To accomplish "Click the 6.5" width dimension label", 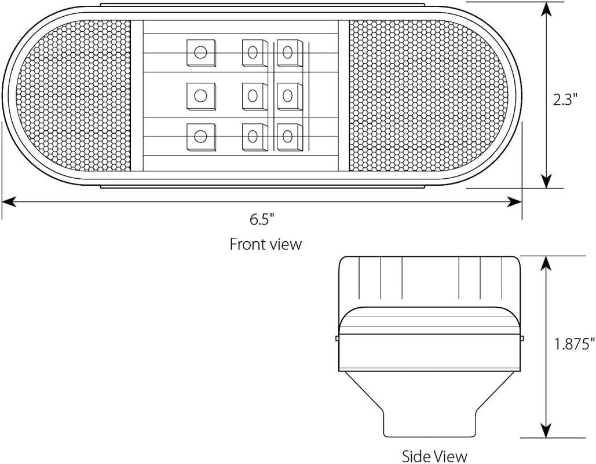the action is click(x=262, y=219).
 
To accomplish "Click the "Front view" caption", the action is click(x=266, y=244).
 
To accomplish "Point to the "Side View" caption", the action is click(x=434, y=456).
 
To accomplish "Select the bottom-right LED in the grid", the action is click(x=289, y=137).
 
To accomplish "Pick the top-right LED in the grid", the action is click(x=289, y=52).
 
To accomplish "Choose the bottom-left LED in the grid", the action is click(x=200, y=137).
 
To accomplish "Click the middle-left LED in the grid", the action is click(x=200, y=95).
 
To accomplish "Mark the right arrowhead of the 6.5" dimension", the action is click(x=515, y=201).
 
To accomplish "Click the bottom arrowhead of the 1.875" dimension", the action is click(x=546, y=430).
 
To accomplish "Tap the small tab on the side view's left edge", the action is click(x=337, y=338).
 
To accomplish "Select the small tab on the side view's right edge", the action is click(x=522, y=338).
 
